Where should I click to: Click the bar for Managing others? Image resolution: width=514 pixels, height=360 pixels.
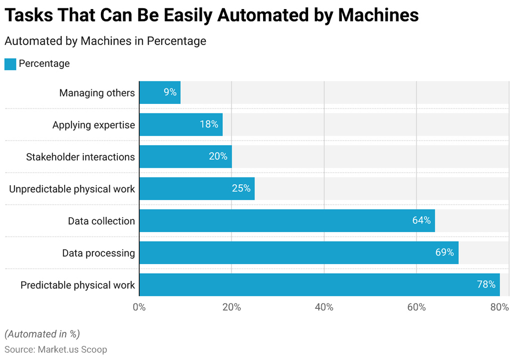pyautogui.click(x=159, y=92)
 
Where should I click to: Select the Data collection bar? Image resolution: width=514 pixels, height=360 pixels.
pyautogui.click(x=287, y=221)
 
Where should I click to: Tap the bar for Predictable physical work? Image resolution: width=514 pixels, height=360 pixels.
pyautogui.click(x=319, y=285)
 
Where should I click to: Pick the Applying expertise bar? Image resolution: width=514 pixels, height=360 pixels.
pyautogui.click(x=181, y=125)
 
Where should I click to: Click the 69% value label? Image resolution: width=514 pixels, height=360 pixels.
pyautogui.click(x=444, y=253)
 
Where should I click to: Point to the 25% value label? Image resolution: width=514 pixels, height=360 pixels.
pyautogui.click(x=241, y=189)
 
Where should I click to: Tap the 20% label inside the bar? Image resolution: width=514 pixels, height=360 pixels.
pyautogui.click(x=218, y=157)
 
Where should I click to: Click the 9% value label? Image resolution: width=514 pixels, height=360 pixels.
pyautogui.click(x=170, y=92)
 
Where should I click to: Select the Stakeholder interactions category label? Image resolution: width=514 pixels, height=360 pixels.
pyautogui.click(x=80, y=157)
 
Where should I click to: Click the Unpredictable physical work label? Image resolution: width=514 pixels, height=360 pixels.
pyautogui.click(x=72, y=189)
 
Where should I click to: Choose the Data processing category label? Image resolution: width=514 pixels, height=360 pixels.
pyautogui.click(x=98, y=253)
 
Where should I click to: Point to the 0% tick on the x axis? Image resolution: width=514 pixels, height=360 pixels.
pyautogui.click(x=139, y=307)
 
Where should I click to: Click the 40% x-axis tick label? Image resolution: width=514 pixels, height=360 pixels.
pyautogui.click(x=324, y=307)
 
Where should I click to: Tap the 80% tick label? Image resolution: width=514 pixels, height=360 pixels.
pyautogui.click(x=499, y=307)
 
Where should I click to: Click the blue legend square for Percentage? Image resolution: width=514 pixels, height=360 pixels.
pyautogui.click(x=10, y=64)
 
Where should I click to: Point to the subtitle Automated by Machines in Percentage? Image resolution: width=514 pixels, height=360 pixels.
pyautogui.click(x=105, y=41)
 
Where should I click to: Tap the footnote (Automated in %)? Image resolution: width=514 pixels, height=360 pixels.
pyautogui.click(x=42, y=334)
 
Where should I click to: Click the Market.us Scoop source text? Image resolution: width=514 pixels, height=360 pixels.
pyautogui.click(x=72, y=349)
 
